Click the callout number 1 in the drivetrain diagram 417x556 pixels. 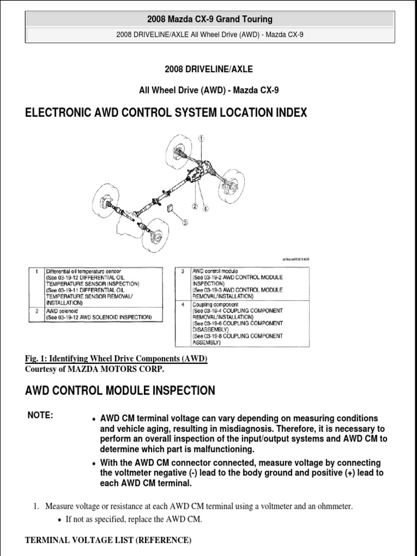click(x=201, y=139)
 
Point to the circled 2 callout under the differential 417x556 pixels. click(x=193, y=206)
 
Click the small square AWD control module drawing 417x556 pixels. click(x=170, y=208)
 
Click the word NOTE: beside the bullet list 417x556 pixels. click(x=40, y=415)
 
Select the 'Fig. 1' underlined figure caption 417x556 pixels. click(x=116, y=359)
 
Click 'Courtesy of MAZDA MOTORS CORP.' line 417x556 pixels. click(x=94, y=369)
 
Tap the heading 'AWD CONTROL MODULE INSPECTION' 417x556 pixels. click(x=120, y=390)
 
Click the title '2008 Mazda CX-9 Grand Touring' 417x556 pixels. click(x=210, y=20)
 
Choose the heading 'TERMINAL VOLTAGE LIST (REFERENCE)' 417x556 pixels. click(x=108, y=540)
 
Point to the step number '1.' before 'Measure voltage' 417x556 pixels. click(x=37, y=507)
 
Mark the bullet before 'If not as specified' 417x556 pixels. click(x=60, y=520)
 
